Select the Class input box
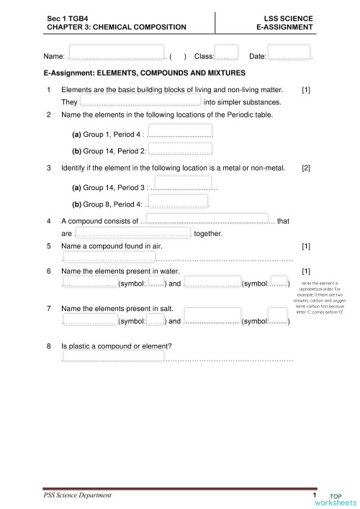point(226,53)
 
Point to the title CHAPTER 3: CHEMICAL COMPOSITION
point(116,27)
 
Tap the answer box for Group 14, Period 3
point(183,183)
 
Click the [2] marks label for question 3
point(306,168)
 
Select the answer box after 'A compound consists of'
point(208,219)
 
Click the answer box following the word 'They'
point(140,101)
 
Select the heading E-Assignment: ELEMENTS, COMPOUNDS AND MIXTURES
point(145,73)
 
